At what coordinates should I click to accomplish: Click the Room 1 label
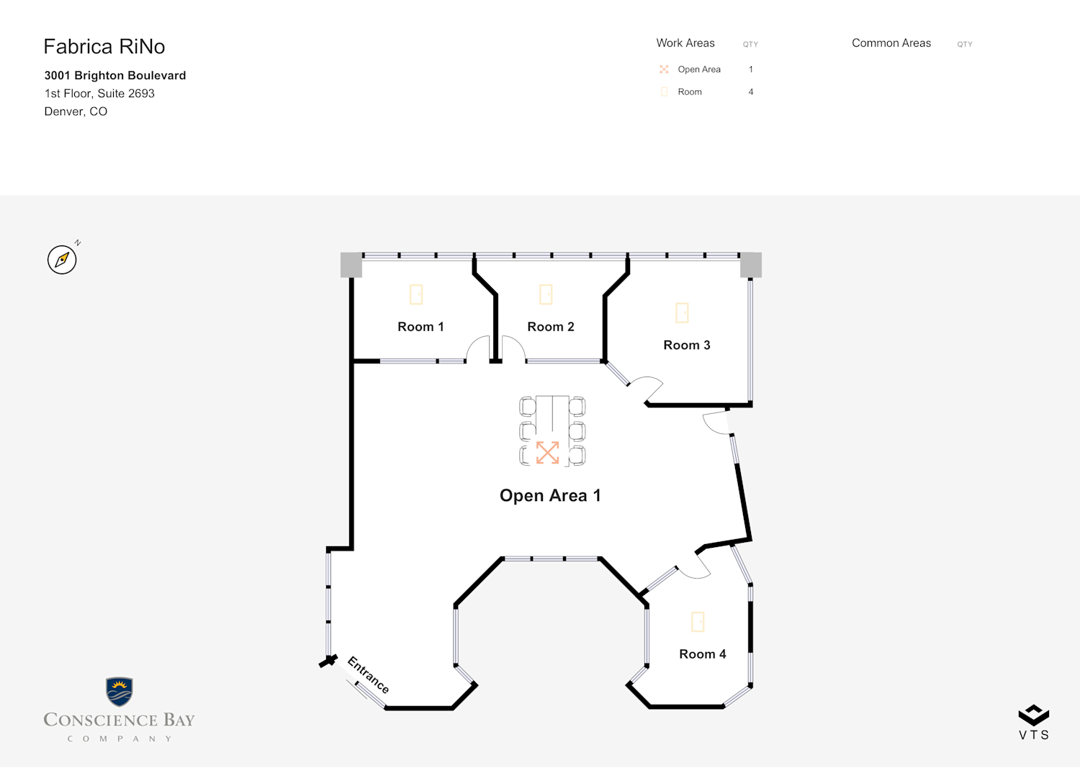pyautogui.click(x=420, y=327)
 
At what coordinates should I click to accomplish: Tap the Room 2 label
pyautogui.click(x=551, y=327)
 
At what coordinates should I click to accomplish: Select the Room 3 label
pyautogui.click(x=687, y=345)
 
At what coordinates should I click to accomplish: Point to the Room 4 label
pyautogui.click(x=703, y=654)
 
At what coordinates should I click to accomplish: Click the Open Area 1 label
pyautogui.click(x=550, y=496)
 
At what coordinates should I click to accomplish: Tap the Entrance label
pyautogui.click(x=369, y=674)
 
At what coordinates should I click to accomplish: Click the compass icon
pyautogui.click(x=62, y=259)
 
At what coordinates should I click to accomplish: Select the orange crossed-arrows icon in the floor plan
pyautogui.click(x=547, y=453)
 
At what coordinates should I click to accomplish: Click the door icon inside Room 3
pyautogui.click(x=682, y=313)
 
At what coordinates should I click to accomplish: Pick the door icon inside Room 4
pyautogui.click(x=698, y=622)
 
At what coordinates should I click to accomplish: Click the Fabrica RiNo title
pyautogui.click(x=104, y=47)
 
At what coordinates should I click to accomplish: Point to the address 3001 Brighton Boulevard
pyautogui.click(x=114, y=76)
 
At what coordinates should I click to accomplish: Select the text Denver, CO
pyautogui.click(x=76, y=112)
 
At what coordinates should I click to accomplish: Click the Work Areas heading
pyautogui.click(x=685, y=43)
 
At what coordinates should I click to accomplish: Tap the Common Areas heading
pyautogui.click(x=891, y=43)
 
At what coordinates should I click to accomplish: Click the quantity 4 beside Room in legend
pyautogui.click(x=751, y=92)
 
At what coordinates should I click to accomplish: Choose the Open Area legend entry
pyautogui.click(x=690, y=69)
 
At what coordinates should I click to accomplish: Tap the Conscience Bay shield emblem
pyautogui.click(x=119, y=692)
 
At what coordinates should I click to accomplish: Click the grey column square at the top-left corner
pyautogui.click(x=351, y=265)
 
